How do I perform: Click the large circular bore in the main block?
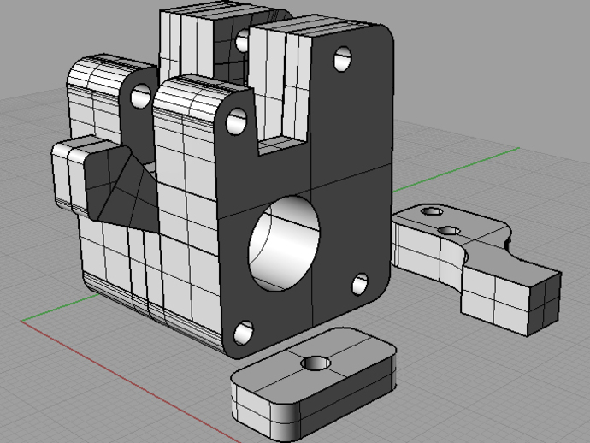click(x=284, y=243)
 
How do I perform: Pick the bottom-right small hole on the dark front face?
click(x=360, y=283)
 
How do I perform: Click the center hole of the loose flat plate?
click(x=316, y=363)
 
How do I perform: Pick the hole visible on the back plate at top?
click(x=243, y=38)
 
